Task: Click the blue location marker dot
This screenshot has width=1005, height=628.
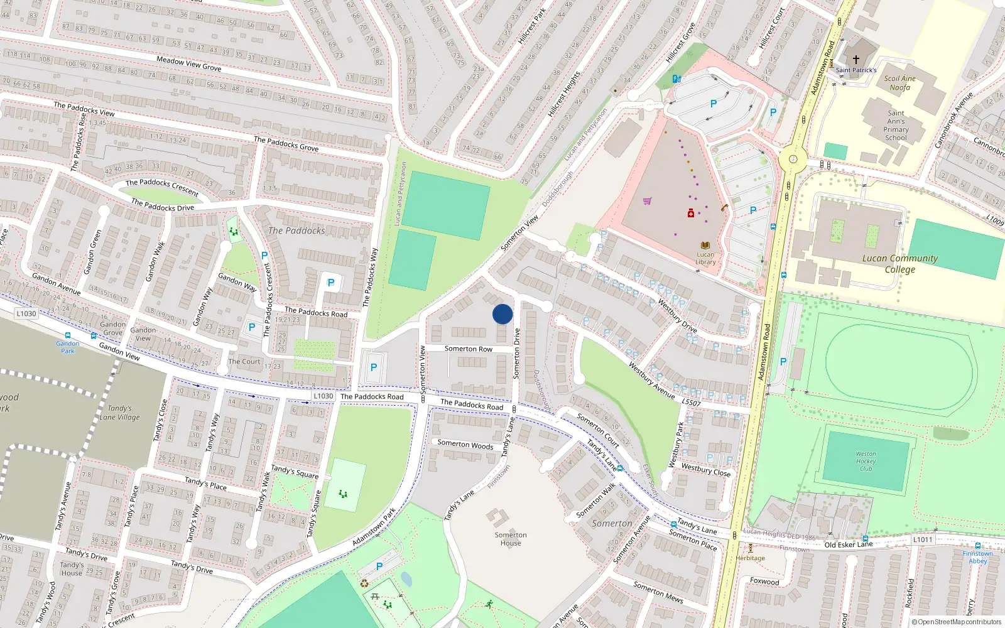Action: pyautogui.click(x=503, y=314)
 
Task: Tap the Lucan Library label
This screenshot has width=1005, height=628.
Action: pyautogui.click(x=705, y=258)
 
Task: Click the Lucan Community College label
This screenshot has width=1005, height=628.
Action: pyautogui.click(x=899, y=264)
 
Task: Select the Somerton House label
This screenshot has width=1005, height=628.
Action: pyautogui.click(x=511, y=539)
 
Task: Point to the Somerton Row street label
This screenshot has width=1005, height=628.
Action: pyautogui.click(x=469, y=349)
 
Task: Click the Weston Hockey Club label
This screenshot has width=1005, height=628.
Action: pyautogui.click(x=866, y=461)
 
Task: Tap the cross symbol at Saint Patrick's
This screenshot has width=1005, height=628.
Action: pyautogui.click(x=856, y=60)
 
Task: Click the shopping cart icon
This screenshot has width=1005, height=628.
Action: pyautogui.click(x=647, y=201)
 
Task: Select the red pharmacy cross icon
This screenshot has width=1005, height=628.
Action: pyautogui.click(x=691, y=214)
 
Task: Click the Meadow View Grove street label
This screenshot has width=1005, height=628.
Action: pyautogui.click(x=188, y=63)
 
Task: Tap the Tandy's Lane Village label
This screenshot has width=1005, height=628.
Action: pyautogui.click(x=119, y=413)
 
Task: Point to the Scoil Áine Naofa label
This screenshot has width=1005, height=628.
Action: pyautogui.click(x=899, y=83)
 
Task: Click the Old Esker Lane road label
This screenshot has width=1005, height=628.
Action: pyautogui.click(x=848, y=544)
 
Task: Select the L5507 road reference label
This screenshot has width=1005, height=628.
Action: pyautogui.click(x=691, y=402)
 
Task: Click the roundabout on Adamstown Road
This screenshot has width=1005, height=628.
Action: pyautogui.click(x=793, y=160)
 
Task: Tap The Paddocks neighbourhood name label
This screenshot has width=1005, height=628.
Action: pyautogui.click(x=296, y=230)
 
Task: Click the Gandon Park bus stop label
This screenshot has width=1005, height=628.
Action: pyautogui.click(x=67, y=347)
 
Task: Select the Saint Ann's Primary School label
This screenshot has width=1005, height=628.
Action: pyautogui.click(x=896, y=126)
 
